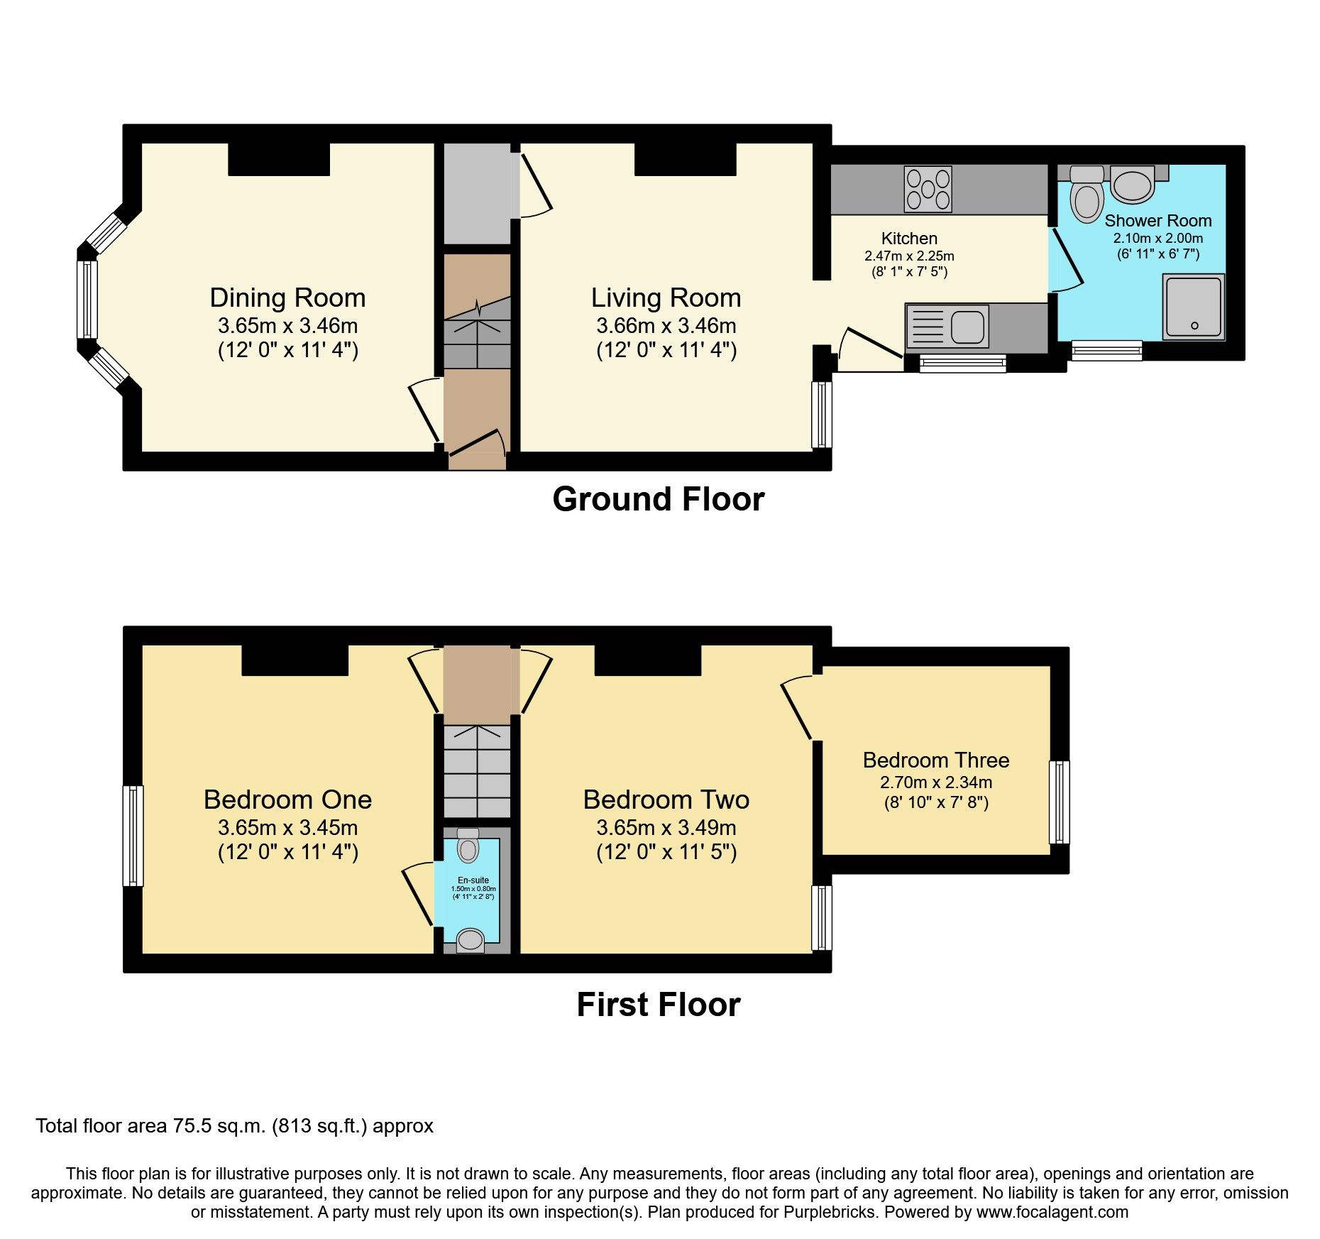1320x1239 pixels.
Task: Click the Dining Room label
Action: coord(287,298)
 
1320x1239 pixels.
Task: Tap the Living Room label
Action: coord(666,298)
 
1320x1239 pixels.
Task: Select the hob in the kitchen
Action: coord(928,188)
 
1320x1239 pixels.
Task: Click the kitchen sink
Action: coord(947,326)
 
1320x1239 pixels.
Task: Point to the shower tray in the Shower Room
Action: coord(1194,307)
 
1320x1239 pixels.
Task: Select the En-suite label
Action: coord(473,880)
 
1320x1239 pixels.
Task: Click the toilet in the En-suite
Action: coord(468,844)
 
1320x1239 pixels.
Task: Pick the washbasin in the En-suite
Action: coord(470,940)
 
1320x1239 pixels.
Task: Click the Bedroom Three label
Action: coord(935,760)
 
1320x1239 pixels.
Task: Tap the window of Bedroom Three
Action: coord(1060,802)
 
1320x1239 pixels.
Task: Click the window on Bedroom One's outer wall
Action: coord(133,836)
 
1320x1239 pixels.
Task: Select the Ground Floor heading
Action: coord(659,499)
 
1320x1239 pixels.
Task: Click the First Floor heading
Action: coord(659,1005)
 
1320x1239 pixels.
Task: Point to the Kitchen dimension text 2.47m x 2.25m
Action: coord(909,256)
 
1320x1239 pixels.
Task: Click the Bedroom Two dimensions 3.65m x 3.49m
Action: coord(666,828)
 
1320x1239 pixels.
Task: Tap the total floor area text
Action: coord(235,1126)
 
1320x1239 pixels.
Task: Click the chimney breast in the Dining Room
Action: coord(279,160)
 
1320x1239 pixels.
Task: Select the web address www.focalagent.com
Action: coord(1052,1212)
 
